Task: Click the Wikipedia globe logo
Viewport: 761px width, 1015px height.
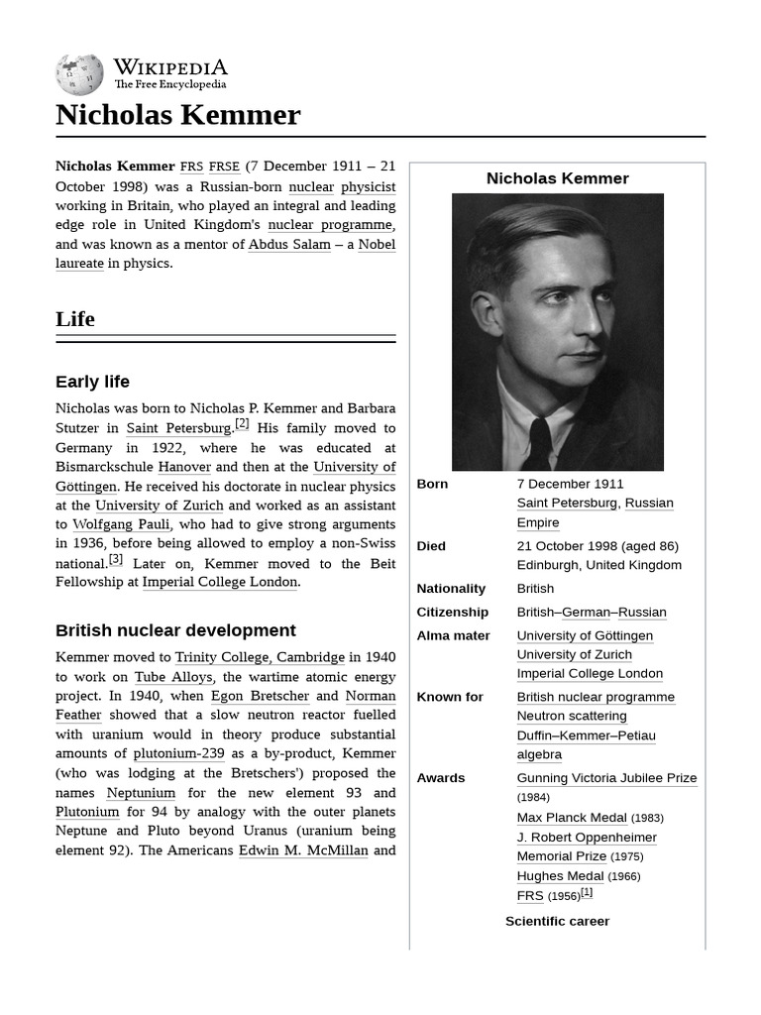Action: tap(79, 75)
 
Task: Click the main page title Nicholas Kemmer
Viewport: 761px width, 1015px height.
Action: tap(177, 115)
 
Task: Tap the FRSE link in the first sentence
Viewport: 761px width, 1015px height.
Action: tap(224, 167)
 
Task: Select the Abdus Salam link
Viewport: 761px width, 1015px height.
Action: tap(289, 244)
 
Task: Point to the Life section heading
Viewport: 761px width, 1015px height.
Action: tap(75, 319)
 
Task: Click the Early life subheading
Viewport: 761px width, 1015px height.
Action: tap(92, 382)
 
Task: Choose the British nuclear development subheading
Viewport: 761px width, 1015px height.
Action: tap(175, 630)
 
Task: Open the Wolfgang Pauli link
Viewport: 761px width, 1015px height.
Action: tap(121, 524)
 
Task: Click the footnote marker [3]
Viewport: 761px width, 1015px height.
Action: tap(116, 559)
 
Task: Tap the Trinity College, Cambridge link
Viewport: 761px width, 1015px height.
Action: tap(260, 657)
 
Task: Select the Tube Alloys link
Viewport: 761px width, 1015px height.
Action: tap(173, 677)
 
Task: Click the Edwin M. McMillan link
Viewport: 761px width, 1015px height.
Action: tap(303, 850)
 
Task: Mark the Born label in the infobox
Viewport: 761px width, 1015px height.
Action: tap(432, 484)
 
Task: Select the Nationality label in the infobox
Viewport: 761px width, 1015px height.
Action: tap(451, 589)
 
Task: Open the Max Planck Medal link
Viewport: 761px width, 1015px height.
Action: tap(572, 818)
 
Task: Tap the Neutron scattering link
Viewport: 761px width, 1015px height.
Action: tap(572, 716)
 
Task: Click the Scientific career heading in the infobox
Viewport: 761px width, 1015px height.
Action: tap(557, 921)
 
